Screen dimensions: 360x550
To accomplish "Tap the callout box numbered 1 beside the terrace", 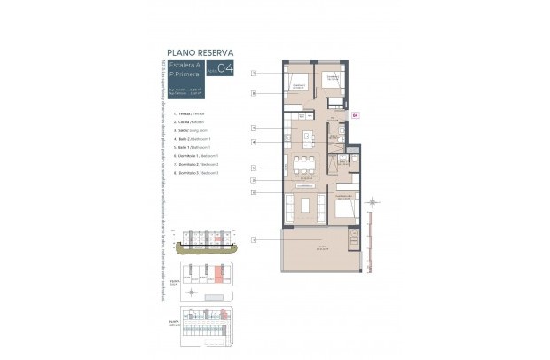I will pyautogui.click(x=254, y=239).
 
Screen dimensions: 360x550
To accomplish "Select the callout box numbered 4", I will pyautogui.click(x=254, y=142).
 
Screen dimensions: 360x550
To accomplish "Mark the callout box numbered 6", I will pyautogui.click(x=254, y=192).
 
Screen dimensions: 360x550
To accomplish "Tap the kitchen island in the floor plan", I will pyautogui.click(x=308, y=138).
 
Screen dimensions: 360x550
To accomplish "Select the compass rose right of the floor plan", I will pyautogui.click(x=373, y=203).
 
